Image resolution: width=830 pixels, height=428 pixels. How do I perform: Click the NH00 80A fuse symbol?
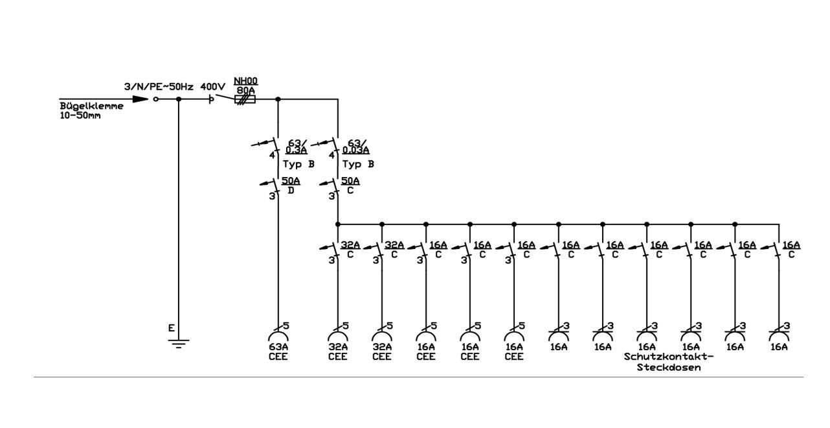coord(245,99)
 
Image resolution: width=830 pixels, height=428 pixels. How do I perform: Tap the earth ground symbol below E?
coord(179,344)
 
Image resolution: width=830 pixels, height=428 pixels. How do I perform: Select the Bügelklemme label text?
coord(91,106)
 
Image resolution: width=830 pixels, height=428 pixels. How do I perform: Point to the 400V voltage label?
coord(213,87)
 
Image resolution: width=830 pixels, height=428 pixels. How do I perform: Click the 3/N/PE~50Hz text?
coord(159,87)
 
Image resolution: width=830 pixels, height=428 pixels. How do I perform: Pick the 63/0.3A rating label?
coord(297,147)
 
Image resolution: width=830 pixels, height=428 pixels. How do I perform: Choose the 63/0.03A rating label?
coord(355,147)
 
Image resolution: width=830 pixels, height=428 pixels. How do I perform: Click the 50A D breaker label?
coord(291,185)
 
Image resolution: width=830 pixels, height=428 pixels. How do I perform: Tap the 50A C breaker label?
coord(350,185)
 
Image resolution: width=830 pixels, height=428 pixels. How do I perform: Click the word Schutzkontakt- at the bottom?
coord(668,357)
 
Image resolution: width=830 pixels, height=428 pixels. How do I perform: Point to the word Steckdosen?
coord(669,368)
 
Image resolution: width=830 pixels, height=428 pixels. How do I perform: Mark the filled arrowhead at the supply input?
coord(140,99)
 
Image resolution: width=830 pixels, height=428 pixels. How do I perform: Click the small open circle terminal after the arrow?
coord(156,99)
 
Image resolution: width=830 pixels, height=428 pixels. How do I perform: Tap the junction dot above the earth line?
coord(179,99)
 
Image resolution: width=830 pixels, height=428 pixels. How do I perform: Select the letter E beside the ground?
coord(171,328)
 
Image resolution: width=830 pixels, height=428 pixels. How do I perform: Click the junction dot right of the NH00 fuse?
coord(278,99)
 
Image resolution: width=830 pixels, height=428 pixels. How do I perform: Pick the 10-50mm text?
coord(80,115)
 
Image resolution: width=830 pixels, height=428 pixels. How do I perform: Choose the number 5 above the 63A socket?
coord(286,326)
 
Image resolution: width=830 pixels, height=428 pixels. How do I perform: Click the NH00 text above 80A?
coord(245,81)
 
